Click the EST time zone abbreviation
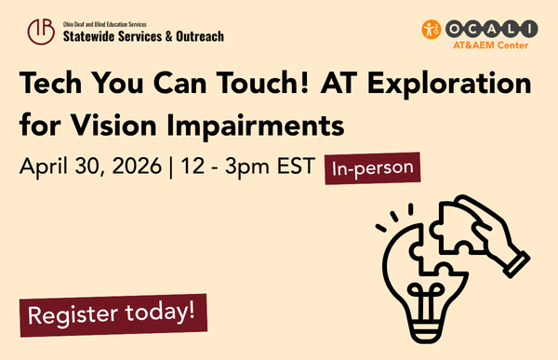(x=299, y=167)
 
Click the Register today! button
(x=113, y=313)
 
